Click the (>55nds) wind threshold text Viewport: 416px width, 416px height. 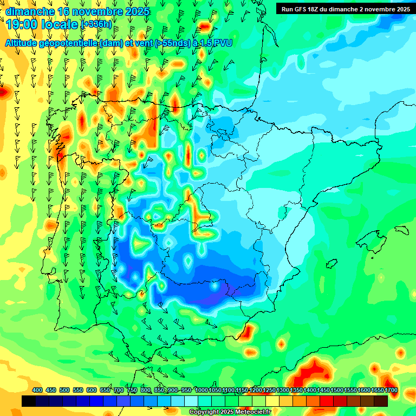pyautogui.click(x=173, y=43)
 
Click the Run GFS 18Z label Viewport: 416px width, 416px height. pyautogui.click(x=305, y=9)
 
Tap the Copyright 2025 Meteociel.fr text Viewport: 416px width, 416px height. pyautogui.click(x=230, y=412)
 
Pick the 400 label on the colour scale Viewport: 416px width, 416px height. pyautogui.click(x=37, y=391)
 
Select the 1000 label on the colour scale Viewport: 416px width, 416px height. pyautogui.click(x=201, y=391)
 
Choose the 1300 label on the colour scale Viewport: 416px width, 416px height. pyautogui.click(x=283, y=391)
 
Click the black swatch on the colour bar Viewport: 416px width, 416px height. pyautogui.click(x=29, y=401)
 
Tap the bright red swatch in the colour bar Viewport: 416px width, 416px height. pyautogui.click(x=327, y=401)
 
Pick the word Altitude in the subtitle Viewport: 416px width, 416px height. pyautogui.click(x=22, y=43)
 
